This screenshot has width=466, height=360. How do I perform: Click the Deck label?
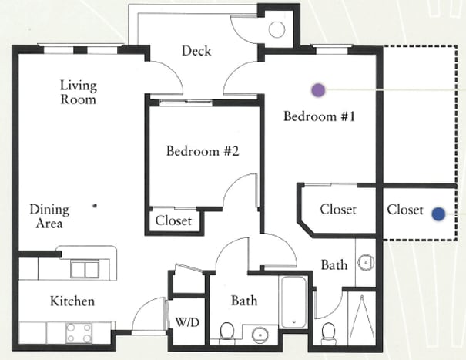point(196,51)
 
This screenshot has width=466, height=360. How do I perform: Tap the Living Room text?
point(79,93)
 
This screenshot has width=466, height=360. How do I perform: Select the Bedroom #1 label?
point(319,116)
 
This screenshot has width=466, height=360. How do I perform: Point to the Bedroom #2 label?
point(203,151)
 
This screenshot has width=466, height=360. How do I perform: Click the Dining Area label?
point(49,217)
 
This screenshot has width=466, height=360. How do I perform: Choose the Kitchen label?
point(72,301)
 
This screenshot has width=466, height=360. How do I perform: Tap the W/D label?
point(187,322)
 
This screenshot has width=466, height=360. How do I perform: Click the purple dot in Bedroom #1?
point(318,90)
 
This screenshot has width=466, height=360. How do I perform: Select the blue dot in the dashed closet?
point(438,214)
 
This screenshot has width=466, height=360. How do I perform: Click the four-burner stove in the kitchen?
point(79,333)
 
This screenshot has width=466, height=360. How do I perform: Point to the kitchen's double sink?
point(85,269)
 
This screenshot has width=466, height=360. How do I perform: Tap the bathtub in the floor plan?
point(293,302)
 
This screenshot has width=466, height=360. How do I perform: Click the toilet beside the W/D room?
point(226,332)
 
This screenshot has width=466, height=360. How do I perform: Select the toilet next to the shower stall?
point(329,332)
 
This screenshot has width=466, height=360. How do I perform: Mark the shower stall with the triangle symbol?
point(362,318)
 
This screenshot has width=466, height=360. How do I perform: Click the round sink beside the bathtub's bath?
point(260,335)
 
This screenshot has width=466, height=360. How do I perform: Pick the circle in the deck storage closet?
point(277,29)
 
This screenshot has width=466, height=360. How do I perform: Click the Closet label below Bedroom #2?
point(173,220)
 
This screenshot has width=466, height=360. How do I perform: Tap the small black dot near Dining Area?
point(95,205)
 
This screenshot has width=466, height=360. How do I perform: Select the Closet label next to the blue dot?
point(405,210)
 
